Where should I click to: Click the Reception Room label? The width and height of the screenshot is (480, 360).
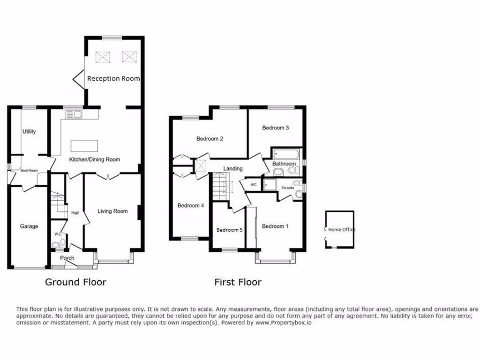pyautogui.click(x=113, y=79)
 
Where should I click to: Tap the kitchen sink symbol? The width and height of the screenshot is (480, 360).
pyautogui.click(x=74, y=114)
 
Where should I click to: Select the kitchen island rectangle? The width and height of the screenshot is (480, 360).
pyautogui.click(x=84, y=145)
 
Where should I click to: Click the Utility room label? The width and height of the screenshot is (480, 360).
pyautogui.click(x=29, y=132)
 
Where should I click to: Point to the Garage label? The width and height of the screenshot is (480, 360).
pyautogui.click(x=29, y=226)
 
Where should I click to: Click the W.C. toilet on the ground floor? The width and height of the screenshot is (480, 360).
pyautogui.click(x=57, y=244)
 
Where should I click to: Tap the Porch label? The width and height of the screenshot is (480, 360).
pyautogui.click(x=67, y=258)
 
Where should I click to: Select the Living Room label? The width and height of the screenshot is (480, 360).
pyautogui.click(x=112, y=211)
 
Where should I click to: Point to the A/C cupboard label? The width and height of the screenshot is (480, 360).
pyautogui.click(x=254, y=185)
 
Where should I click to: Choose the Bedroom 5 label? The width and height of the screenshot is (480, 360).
pyautogui.click(x=229, y=230)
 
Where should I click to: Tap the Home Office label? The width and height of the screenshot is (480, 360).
pyautogui.click(x=342, y=230)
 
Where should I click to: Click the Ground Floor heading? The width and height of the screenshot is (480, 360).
pyautogui.click(x=75, y=282)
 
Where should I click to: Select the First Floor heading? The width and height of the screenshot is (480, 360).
pyautogui.click(x=238, y=282)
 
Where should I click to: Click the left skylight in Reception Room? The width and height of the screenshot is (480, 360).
pyautogui.click(x=102, y=57)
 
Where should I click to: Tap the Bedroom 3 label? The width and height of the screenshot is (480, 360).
pyautogui.click(x=275, y=127)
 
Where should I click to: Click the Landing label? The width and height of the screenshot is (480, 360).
pyautogui.click(x=233, y=169)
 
